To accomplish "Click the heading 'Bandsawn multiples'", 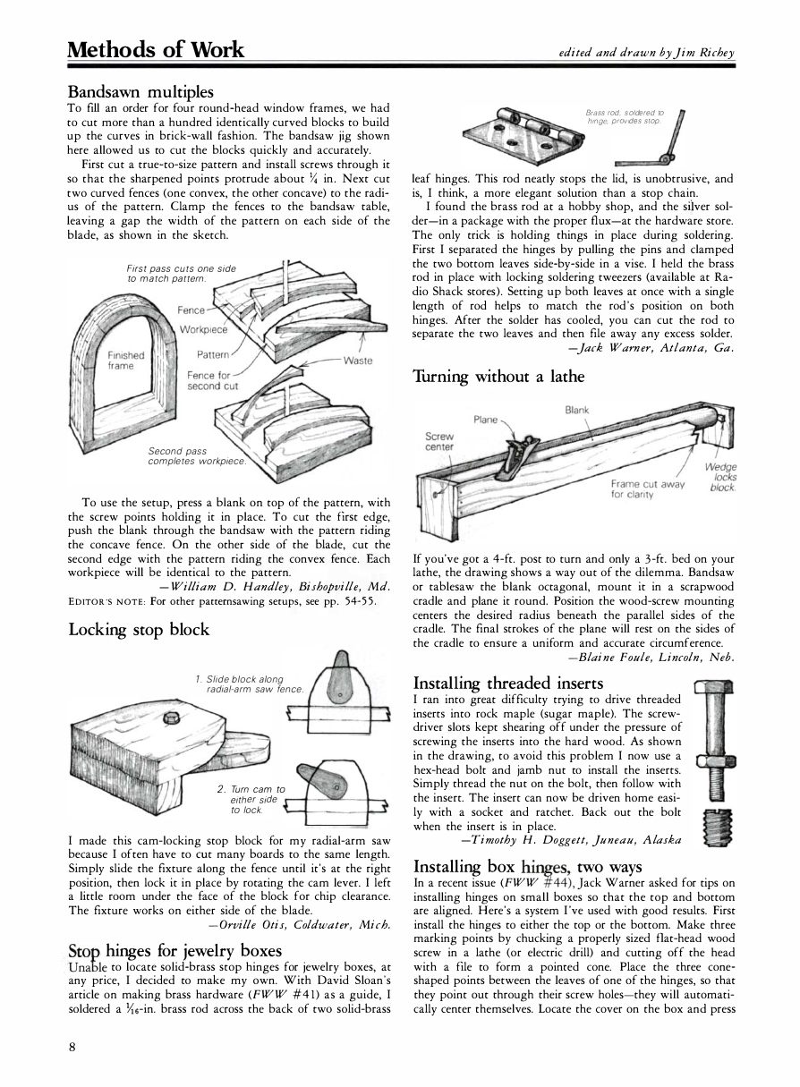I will point(140,92).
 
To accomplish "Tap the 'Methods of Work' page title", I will point(155,49).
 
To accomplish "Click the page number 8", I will point(72,1049).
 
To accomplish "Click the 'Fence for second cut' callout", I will point(213,380).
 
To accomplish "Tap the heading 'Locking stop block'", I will point(139,629).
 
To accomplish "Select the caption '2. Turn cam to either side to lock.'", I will point(251,799).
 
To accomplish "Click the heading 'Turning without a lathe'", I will point(498,377).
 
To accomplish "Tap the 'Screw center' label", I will point(438,441).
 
